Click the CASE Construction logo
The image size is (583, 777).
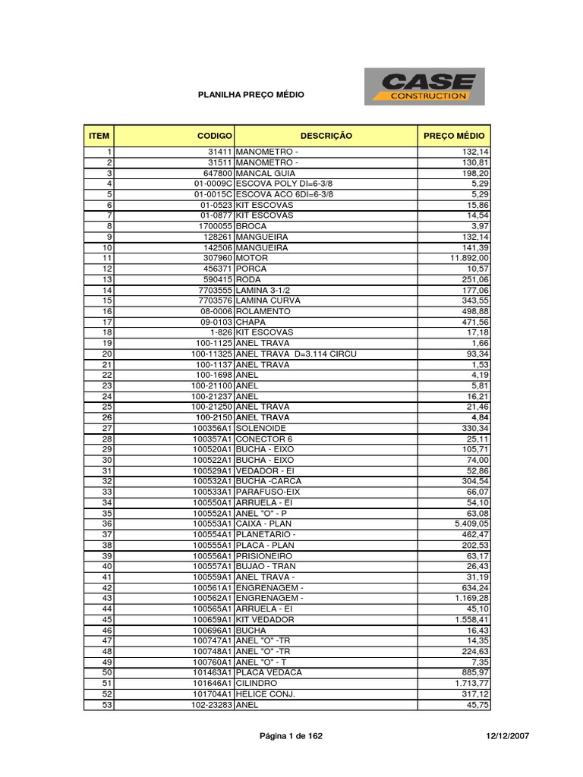424,87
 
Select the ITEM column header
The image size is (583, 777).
99,136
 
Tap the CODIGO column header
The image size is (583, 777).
214,136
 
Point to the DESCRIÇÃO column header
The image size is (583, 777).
326,136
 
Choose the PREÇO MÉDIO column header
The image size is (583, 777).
454,136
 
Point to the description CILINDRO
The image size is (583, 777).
260,684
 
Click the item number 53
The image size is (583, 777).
107,705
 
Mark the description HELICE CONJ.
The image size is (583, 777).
265,694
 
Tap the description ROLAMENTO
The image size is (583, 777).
263,312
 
